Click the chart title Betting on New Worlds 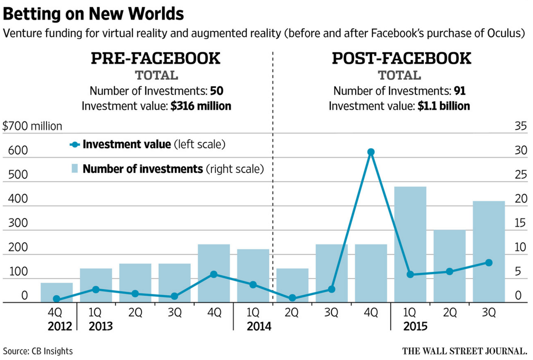click(x=93, y=14)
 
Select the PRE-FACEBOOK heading click(x=155, y=59)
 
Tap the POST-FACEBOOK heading click(x=401, y=59)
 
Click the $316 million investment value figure click(x=201, y=105)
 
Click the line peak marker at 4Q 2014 click(x=370, y=152)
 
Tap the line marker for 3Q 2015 click(x=489, y=262)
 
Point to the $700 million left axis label click(x=32, y=126)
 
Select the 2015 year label click(x=415, y=326)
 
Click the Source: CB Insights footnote click(x=38, y=351)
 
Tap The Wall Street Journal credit click(x=465, y=351)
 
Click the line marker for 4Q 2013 click(x=214, y=274)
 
